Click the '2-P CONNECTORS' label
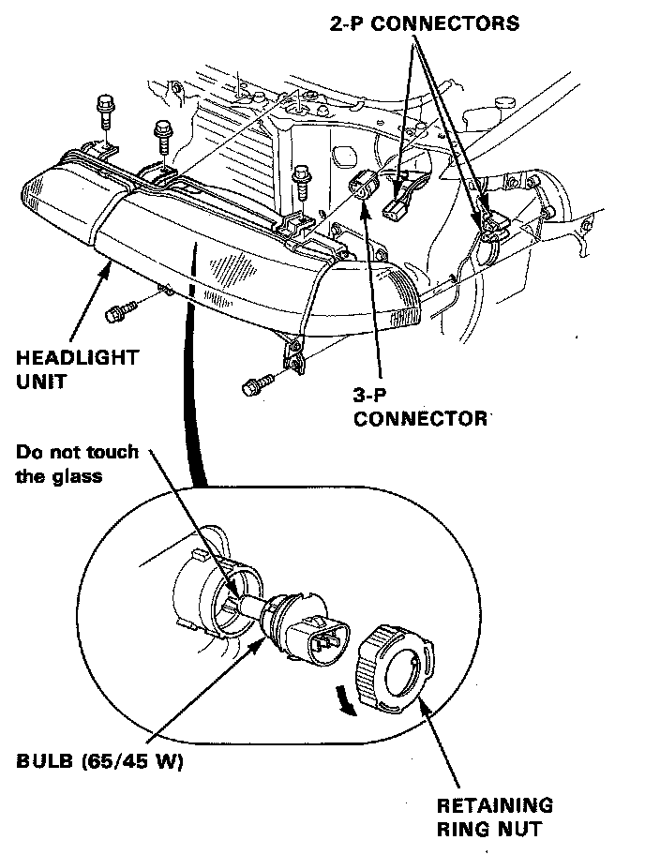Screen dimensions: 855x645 (x=424, y=23)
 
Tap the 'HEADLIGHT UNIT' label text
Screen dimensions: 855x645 (x=77, y=367)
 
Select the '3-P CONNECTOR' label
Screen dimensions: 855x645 (x=419, y=407)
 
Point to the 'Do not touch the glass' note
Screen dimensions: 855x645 (x=77, y=463)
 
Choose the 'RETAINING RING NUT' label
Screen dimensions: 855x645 (x=494, y=816)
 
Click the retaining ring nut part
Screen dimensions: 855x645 (x=393, y=667)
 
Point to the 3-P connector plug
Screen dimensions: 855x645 (x=363, y=187)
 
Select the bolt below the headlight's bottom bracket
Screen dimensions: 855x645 (x=256, y=383)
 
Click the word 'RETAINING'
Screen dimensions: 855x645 (x=494, y=804)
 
